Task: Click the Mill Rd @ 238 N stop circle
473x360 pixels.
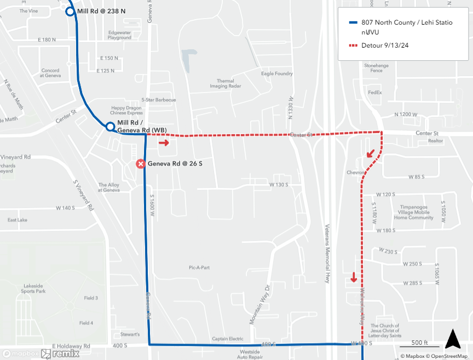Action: [70, 11]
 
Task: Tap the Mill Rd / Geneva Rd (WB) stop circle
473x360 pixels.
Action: [109, 127]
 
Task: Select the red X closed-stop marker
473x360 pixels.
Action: [141, 164]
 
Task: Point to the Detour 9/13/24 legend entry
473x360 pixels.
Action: [385, 45]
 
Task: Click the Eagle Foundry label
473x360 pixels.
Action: [276, 73]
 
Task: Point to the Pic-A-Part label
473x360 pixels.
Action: [199, 268]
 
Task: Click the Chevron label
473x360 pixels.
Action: [355, 172]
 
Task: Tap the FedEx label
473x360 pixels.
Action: [374, 92]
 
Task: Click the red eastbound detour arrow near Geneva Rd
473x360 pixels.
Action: [164, 143]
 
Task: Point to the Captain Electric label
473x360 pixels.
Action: [228, 338]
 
